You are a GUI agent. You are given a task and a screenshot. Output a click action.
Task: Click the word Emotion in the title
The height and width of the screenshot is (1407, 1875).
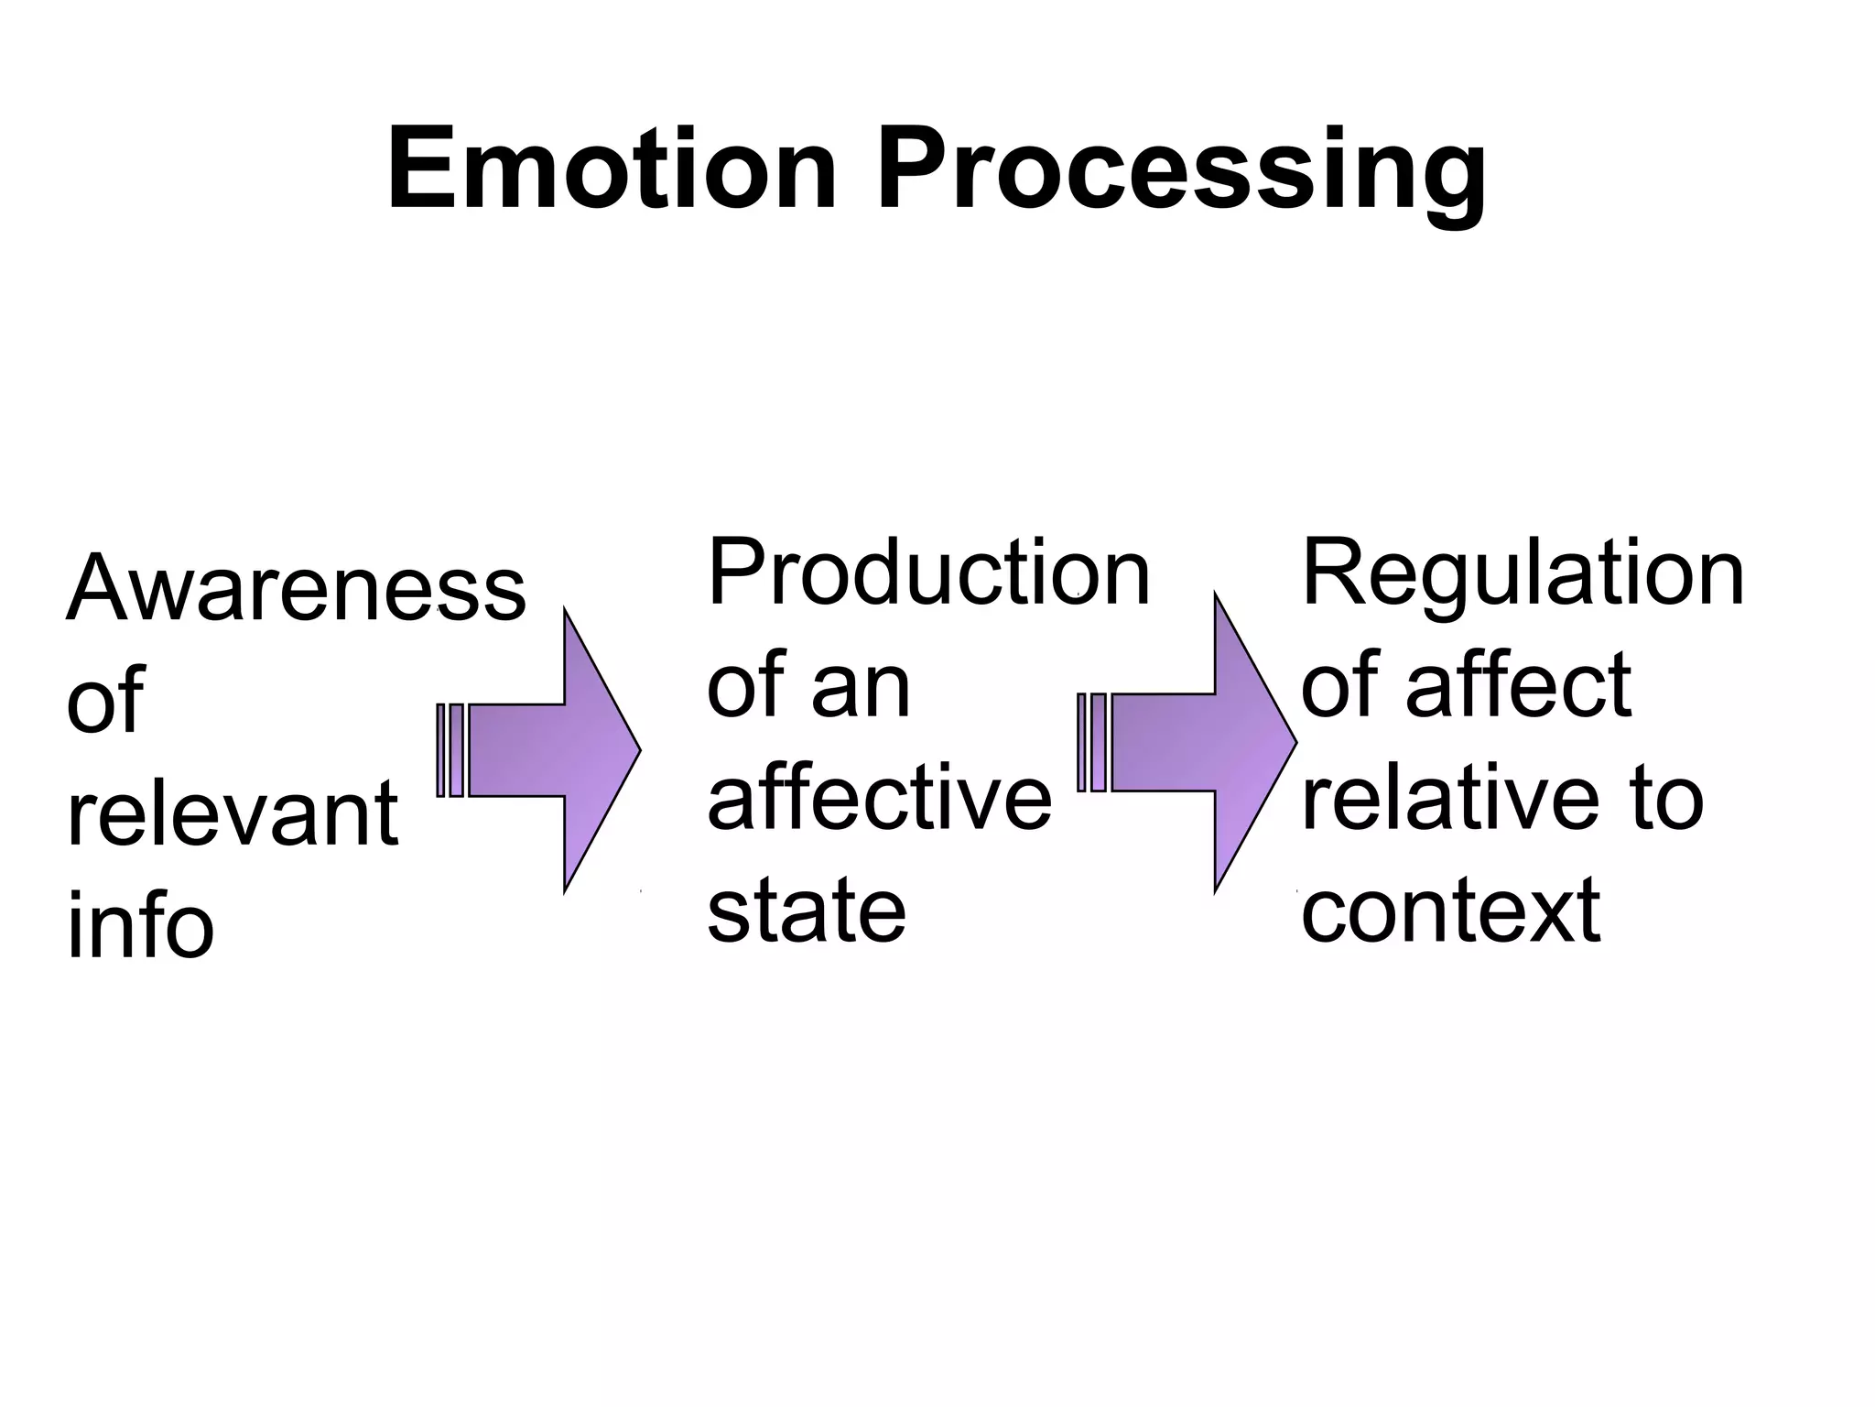(612, 171)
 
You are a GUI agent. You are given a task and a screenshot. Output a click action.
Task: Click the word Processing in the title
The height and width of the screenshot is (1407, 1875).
(1181, 174)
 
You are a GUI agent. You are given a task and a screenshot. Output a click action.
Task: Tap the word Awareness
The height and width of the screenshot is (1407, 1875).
(296, 588)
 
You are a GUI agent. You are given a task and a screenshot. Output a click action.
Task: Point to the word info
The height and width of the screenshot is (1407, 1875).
(140, 927)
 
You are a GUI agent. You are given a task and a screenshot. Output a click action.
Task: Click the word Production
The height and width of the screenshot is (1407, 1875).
(927, 573)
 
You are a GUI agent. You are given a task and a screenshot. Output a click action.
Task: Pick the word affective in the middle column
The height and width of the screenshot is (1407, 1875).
(879, 799)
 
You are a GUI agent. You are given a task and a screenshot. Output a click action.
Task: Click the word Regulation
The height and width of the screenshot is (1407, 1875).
(1522, 575)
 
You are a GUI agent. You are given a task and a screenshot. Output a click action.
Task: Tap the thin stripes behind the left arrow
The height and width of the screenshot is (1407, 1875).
(450, 750)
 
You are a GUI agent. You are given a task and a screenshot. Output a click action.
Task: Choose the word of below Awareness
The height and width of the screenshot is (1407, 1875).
(104, 701)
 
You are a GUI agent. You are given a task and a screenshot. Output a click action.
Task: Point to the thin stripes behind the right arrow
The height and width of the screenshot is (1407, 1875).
(1091, 742)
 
